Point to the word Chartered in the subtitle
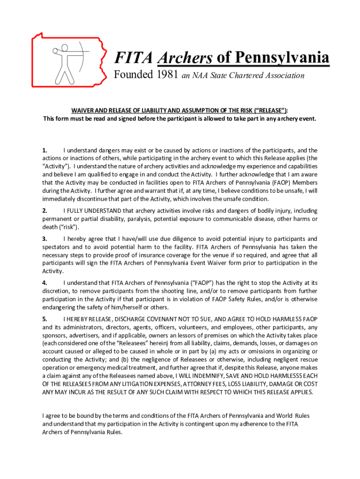[250, 76]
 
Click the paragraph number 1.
[44, 150]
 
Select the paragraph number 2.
[44, 211]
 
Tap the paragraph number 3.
[44, 239]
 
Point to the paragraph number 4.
[44, 283]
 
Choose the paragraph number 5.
[44, 319]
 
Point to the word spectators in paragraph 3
[58, 247]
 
